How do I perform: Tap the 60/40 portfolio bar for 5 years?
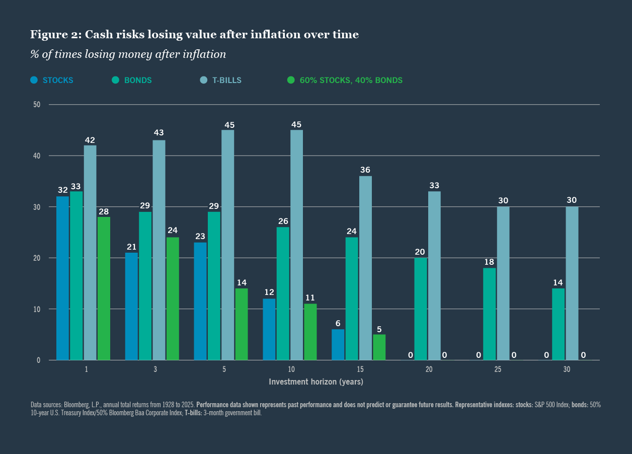click(242, 324)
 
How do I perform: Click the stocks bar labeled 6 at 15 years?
click(338, 345)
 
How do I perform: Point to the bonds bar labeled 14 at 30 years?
click(558, 324)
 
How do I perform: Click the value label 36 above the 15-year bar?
click(366, 170)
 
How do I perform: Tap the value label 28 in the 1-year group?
click(104, 211)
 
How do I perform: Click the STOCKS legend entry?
click(58, 80)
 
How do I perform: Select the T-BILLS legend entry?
click(227, 80)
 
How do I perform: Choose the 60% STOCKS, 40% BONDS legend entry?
click(351, 80)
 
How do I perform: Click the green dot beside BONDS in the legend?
click(115, 80)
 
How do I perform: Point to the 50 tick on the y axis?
click(37, 105)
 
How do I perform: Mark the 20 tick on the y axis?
click(37, 258)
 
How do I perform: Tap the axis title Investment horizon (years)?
click(316, 382)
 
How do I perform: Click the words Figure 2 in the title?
click(55, 35)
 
